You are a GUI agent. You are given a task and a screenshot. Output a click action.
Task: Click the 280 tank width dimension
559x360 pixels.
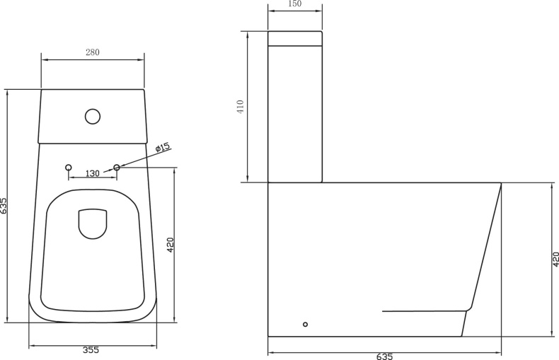click(93, 52)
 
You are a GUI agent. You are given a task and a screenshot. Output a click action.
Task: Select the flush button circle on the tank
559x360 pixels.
click(93, 116)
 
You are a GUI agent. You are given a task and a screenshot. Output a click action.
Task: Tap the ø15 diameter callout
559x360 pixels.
click(163, 148)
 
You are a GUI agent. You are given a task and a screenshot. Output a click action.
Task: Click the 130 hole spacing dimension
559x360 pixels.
click(93, 174)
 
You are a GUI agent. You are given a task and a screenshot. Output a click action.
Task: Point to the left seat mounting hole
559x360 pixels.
click(69, 168)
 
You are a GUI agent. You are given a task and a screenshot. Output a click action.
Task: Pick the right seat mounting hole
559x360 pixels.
click(117, 168)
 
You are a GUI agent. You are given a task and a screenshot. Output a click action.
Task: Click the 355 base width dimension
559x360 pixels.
click(91, 350)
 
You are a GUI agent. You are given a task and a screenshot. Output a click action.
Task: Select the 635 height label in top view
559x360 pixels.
click(4, 205)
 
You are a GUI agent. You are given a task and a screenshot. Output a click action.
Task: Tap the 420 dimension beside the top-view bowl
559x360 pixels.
click(171, 245)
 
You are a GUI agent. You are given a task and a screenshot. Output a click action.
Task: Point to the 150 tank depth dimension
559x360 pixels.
click(295, 4)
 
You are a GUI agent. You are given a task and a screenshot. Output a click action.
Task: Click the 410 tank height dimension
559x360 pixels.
click(241, 107)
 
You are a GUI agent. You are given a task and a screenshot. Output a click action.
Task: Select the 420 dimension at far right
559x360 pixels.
click(555, 260)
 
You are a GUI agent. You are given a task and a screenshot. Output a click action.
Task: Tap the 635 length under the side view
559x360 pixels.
click(385, 356)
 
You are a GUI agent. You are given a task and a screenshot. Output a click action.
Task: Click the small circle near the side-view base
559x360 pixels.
click(305, 324)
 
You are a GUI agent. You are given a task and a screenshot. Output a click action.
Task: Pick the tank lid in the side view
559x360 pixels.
click(295, 38)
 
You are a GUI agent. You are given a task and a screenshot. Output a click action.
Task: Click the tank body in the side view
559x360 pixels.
click(295, 113)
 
